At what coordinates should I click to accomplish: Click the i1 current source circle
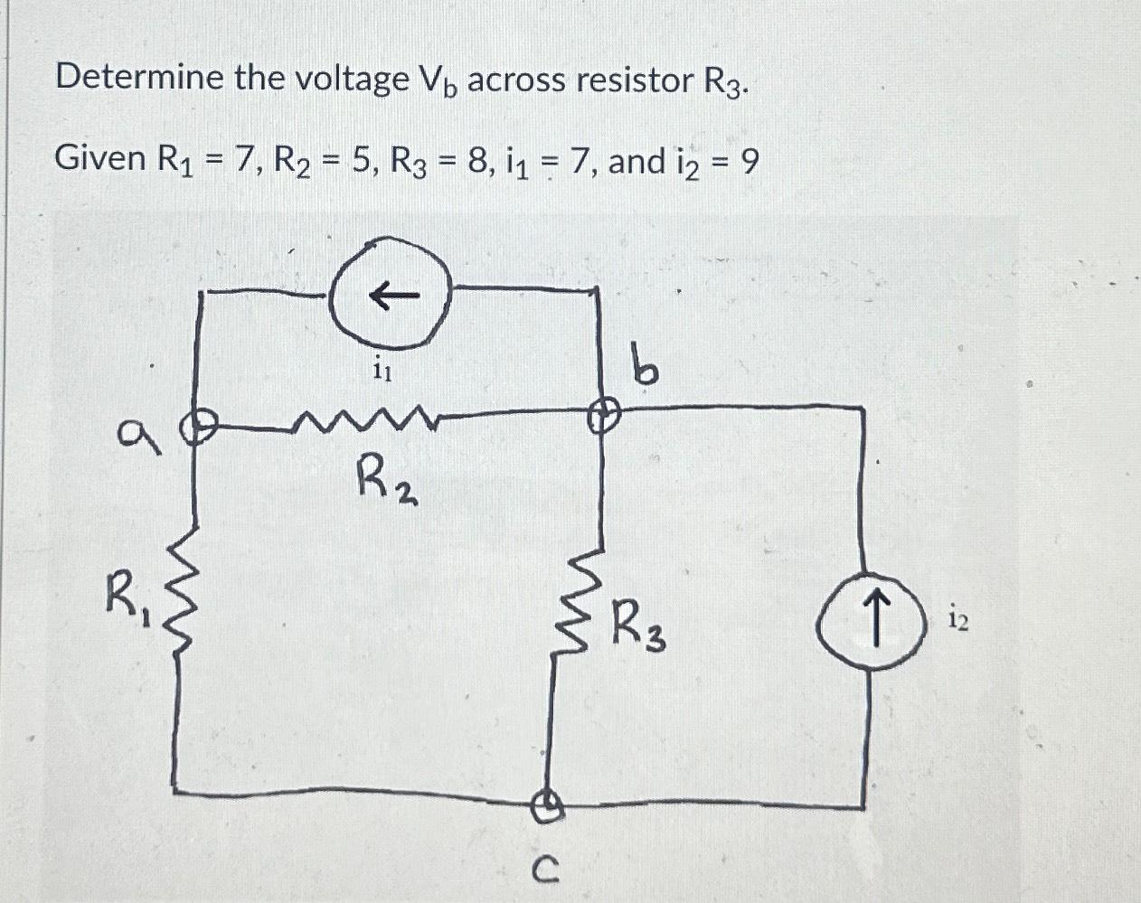(x=390, y=295)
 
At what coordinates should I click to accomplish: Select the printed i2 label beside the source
(x=959, y=619)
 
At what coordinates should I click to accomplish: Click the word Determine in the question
(x=139, y=79)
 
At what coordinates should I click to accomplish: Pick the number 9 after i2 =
(x=749, y=162)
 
